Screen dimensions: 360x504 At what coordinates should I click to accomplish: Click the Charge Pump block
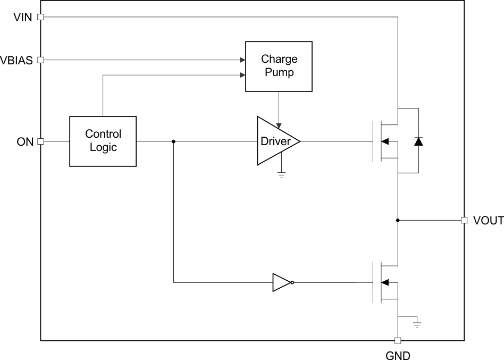(x=279, y=66)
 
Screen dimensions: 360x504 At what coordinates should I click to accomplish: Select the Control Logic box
(x=103, y=141)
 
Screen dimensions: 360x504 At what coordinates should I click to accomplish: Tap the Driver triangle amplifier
(x=275, y=141)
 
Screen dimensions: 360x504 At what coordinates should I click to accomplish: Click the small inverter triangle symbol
(x=281, y=282)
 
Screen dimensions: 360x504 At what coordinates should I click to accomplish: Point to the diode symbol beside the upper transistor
(x=418, y=141)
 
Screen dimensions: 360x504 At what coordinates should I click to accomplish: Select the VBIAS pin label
(x=16, y=60)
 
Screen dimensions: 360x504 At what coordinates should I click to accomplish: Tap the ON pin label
(x=25, y=141)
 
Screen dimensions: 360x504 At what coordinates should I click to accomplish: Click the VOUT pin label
(x=488, y=220)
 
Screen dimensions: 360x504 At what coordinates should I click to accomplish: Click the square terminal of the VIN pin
(x=40, y=17)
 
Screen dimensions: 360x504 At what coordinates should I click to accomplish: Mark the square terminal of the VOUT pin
(x=464, y=220)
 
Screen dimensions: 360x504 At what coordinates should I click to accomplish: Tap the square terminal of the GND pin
(x=397, y=340)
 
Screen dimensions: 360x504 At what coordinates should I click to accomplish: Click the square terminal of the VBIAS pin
(x=40, y=60)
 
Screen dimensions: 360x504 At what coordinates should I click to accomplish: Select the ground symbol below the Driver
(x=281, y=174)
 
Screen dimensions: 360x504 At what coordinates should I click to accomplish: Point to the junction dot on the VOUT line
(x=398, y=220)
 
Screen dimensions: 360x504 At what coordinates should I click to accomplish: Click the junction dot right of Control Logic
(x=174, y=141)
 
